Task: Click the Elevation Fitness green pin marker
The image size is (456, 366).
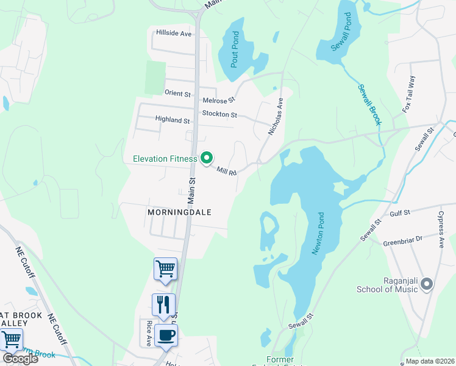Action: (x=207, y=159)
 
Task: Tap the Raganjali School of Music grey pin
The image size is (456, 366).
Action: (x=427, y=284)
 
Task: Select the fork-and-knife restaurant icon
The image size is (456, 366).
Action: (x=163, y=304)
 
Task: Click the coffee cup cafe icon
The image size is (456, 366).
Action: (x=166, y=335)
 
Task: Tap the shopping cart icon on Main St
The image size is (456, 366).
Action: (x=165, y=269)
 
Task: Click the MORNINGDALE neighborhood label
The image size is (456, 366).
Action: (x=179, y=212)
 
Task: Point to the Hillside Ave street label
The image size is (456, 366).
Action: (x=174, y=33)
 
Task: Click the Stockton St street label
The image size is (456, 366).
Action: (x=219, y=114)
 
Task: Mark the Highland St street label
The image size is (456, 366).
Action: (x=173, y=120)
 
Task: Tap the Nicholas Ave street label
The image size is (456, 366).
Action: (x=276, y=117)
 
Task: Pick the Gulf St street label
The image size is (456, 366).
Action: (x=401, y=212)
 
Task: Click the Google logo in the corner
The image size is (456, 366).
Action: (x=20, y=359)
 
